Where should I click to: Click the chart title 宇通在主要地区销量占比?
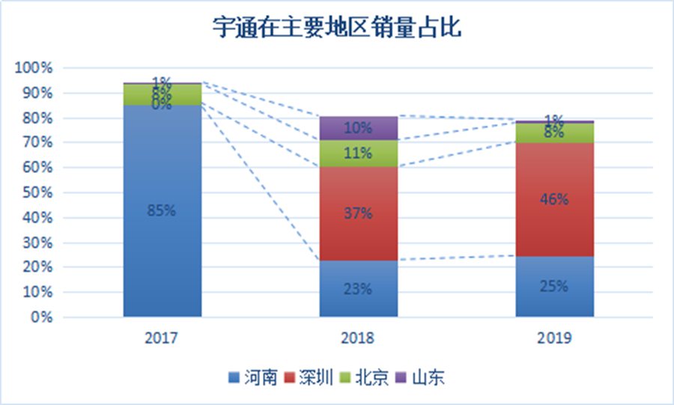click(336, 29)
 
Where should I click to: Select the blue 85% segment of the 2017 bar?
click(163, 210)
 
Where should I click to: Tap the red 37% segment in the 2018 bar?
click(359, 213)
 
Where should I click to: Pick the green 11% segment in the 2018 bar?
click(359, 153)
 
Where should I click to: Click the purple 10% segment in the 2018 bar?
click(359, 128)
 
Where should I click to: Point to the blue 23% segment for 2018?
click(359, 288)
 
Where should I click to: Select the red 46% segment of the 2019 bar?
click(554, 200)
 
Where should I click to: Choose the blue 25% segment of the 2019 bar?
click(554, 286)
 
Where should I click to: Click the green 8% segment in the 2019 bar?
click(554, 133)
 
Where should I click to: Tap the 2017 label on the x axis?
click(163, 338)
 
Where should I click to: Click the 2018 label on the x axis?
click(359, 338)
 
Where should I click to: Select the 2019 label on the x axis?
click(554, 338)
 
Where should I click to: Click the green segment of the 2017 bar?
click(163, 94)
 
